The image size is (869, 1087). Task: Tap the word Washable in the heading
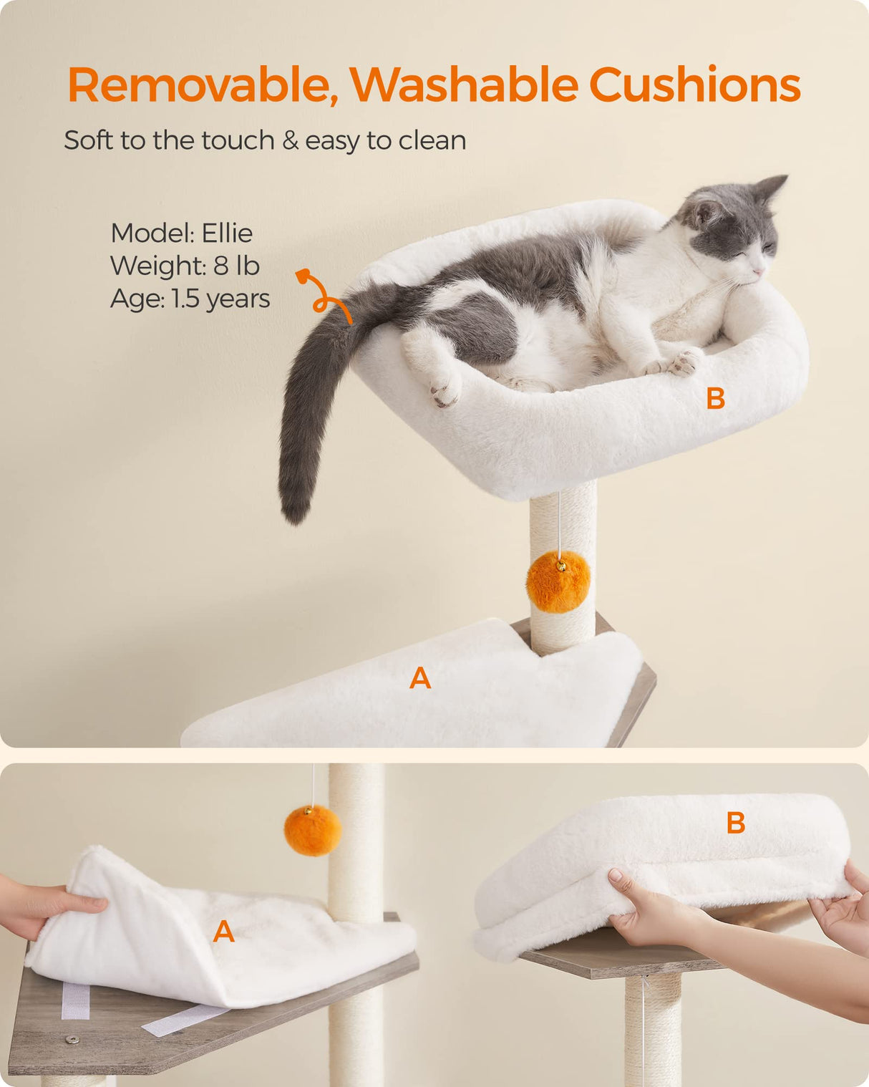tap(463, 85)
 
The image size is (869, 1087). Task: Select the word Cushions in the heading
tap(694, 85)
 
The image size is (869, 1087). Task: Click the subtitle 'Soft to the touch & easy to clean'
tap(265, 140)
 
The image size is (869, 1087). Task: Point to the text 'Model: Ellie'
tap(181, 233)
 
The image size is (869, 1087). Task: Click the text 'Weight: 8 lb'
tap(185, 266)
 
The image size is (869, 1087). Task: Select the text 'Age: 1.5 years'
tap(190, 299)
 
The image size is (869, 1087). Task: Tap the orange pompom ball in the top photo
tap(558, 581)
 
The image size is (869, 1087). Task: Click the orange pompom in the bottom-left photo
tap(313, 831)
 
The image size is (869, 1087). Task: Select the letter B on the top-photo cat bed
tap(715, 399)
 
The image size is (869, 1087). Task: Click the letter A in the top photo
tap(420, 678)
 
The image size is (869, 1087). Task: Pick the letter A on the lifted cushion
tap(224, 932)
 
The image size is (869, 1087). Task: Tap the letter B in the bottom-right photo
tap(735, 823)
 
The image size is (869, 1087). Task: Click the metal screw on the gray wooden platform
tap(70, 1039)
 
